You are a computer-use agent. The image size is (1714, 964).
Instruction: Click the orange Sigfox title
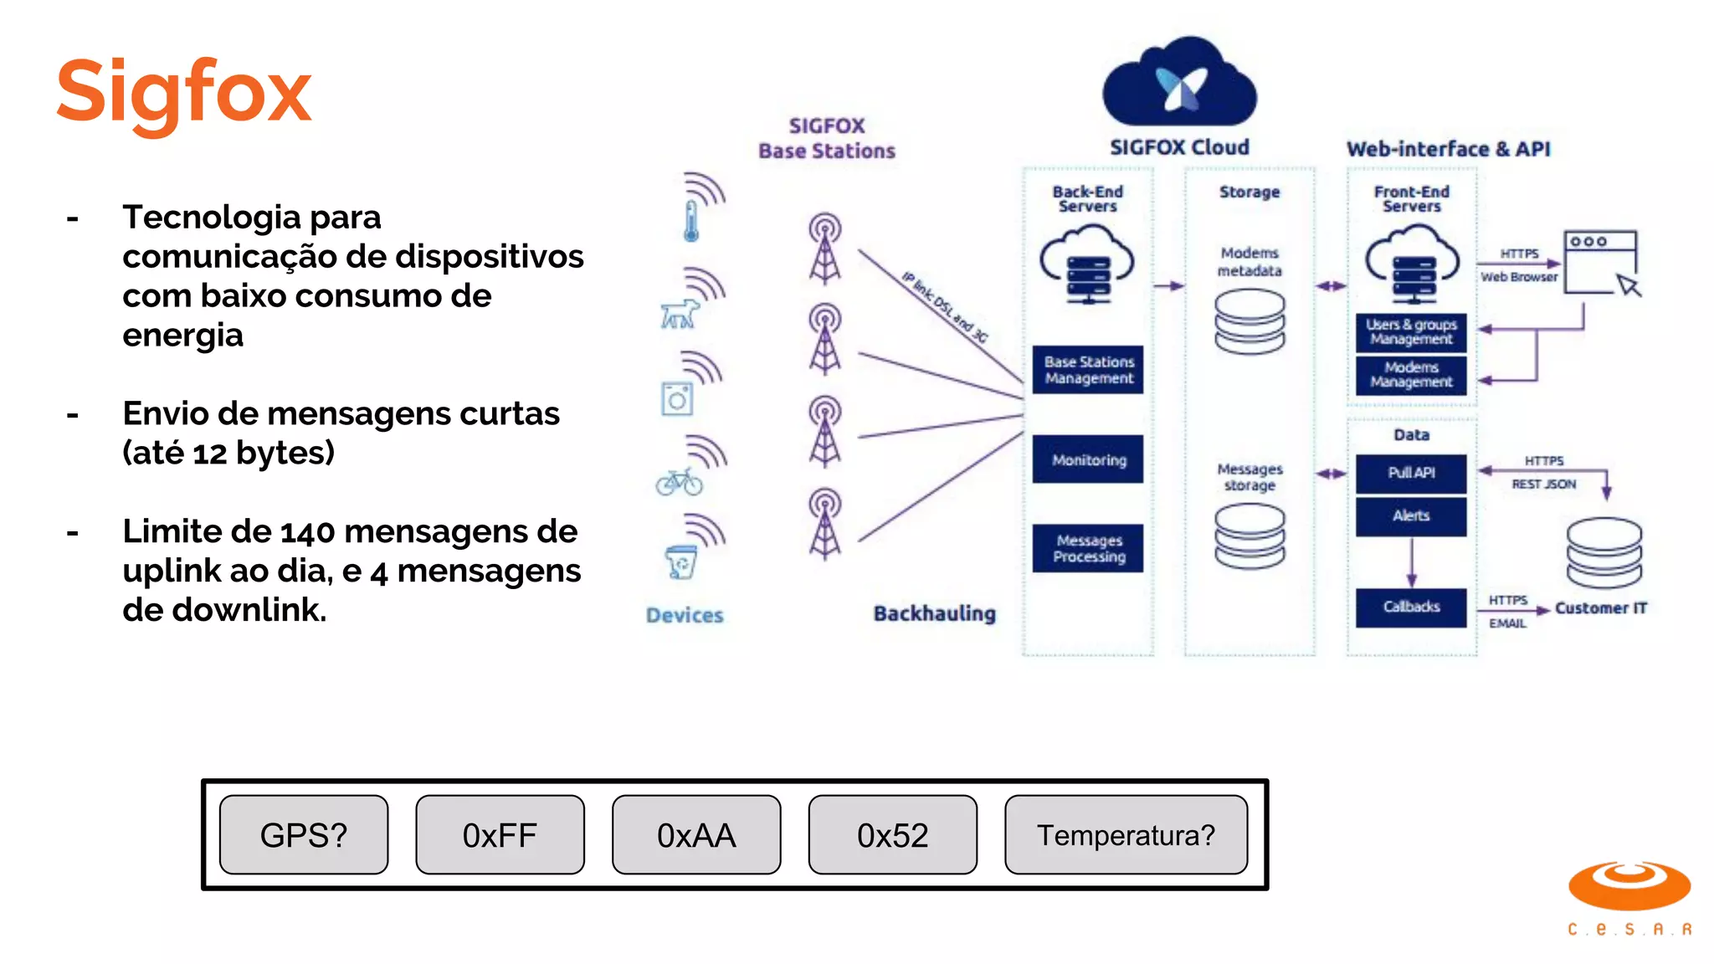pyautogui.click(x=183, y=92)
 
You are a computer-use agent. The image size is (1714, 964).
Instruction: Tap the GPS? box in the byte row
pyautogui.click(x=304, y=835)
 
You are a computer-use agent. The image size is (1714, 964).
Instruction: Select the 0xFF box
pyautogui.click(x=500, y=835)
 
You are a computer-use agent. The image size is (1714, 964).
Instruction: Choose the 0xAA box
pyautogui.click(x=696, y=835)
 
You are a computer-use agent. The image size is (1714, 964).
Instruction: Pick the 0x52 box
pyautogui.click(x=892, y=835)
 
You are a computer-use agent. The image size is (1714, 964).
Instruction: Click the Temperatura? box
pyautogui.click(x=1126, y=835)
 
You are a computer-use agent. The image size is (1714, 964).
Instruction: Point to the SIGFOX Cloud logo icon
pyautogui.click(x=1180, y=84)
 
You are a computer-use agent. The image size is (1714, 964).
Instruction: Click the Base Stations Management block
pyautogui.click(x=1088, y=370)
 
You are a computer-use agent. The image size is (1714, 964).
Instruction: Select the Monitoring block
pyautogui.click(x=1088, y=459)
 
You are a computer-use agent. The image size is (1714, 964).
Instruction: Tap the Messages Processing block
pyautogui.click(x=1088, y=548)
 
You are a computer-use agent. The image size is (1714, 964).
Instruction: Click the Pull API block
pyautogui.click(x=1411, y=473)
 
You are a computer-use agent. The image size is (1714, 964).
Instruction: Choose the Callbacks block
pyautogui.click(x=1411, y=607)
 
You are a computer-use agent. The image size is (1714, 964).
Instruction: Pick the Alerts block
pyautogui.click(x=1411, y=516)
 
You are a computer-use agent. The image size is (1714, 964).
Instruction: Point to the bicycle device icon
pyautogui.click(x=679, y=482)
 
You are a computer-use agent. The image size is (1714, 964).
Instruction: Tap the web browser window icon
pyautogui.click(x=1601, y=263)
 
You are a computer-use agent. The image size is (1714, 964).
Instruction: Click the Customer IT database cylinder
pyautogui.click(x=1604, y=552)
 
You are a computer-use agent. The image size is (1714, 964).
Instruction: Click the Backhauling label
pyautogui.click(x=934, y=613)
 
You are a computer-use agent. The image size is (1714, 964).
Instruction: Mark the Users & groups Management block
pyautogui.click(x=1411, y=332)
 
